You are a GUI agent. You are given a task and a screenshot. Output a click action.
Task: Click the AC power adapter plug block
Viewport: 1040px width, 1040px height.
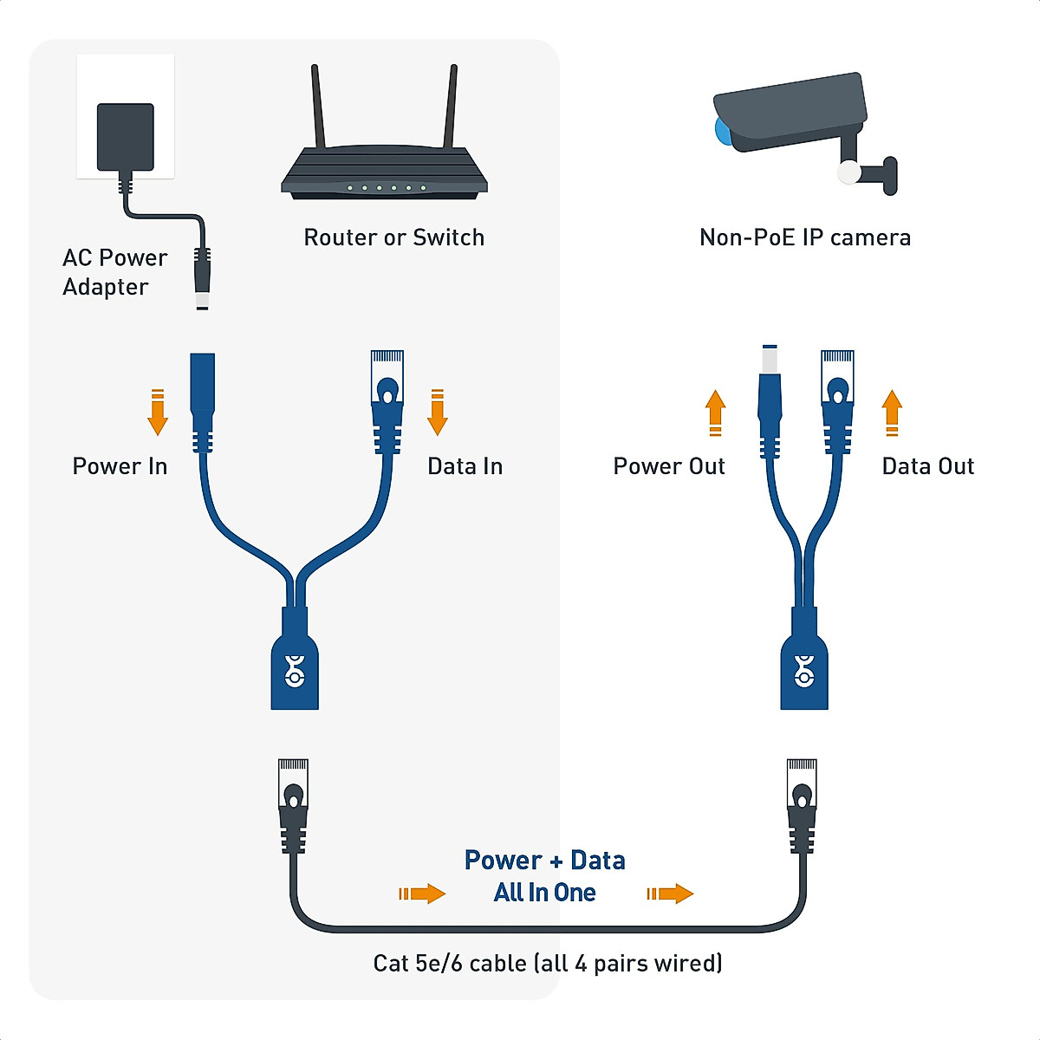(126, 137)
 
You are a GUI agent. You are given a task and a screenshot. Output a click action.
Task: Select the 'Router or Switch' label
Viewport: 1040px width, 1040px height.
(393, 237)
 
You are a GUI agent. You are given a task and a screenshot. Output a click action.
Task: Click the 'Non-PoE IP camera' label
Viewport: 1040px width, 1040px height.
(804, 237)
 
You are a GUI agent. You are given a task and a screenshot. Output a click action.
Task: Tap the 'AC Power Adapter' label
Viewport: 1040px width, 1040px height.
(114, 272)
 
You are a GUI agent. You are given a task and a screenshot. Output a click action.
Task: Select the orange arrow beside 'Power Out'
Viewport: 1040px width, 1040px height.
(715, 412)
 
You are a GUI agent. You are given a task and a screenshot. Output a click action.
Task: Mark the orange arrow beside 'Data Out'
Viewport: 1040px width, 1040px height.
(892, 412)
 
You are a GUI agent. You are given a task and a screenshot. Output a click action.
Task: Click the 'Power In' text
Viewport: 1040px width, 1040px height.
(120, 466)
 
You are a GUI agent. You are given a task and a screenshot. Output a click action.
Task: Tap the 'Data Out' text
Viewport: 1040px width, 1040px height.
(927, 466)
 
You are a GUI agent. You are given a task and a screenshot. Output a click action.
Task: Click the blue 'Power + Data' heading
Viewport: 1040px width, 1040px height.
(544, 861)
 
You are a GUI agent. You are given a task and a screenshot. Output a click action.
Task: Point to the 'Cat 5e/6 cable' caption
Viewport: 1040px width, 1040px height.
(547, 963)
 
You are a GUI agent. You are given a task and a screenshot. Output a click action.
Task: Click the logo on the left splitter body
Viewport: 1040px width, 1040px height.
(295, 670)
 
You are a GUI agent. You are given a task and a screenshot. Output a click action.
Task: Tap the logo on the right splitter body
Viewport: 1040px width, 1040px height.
(804, 670)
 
